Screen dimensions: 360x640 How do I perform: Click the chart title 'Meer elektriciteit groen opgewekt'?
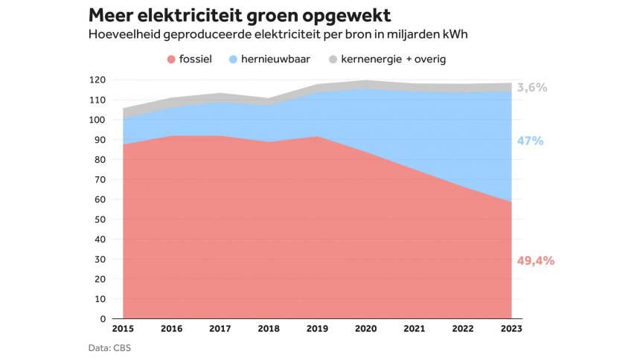[x=240, y=15]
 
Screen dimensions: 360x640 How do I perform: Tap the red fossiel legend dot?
[x=170, y=59]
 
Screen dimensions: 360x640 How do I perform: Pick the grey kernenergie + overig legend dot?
[x=333, y=59]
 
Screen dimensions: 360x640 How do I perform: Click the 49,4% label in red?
[x=536, y=260]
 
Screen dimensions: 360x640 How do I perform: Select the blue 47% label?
[x=531, y=141]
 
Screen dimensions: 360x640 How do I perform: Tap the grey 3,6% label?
[x=533, y=87]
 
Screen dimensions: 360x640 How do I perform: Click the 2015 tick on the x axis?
[x=123, y=328]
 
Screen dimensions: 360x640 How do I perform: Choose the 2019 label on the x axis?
[x=317, y=328]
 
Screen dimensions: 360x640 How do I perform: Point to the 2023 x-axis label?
[x=511, y=328]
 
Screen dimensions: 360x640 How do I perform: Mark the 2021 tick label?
[x=414, y=328]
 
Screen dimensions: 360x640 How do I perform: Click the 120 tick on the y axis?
[x=97, y=80]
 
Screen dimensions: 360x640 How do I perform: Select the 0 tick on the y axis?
[x=102, y=319]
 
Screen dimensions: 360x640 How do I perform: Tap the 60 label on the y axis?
[x=100, y=199]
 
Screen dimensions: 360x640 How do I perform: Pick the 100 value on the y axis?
[x=97, y=120]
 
